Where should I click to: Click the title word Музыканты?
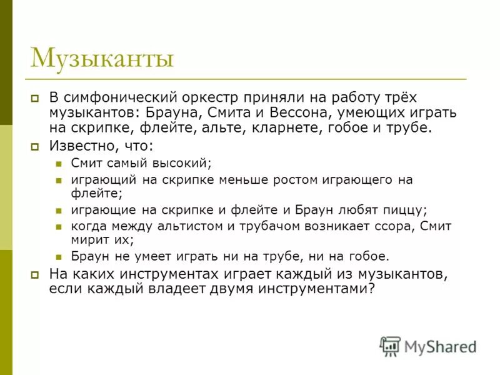point(102,59)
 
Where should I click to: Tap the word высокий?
point(182,163)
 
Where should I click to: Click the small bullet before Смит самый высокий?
point(58,164)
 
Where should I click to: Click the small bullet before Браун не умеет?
point(58,256)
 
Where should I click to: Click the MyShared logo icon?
point(390,346)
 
